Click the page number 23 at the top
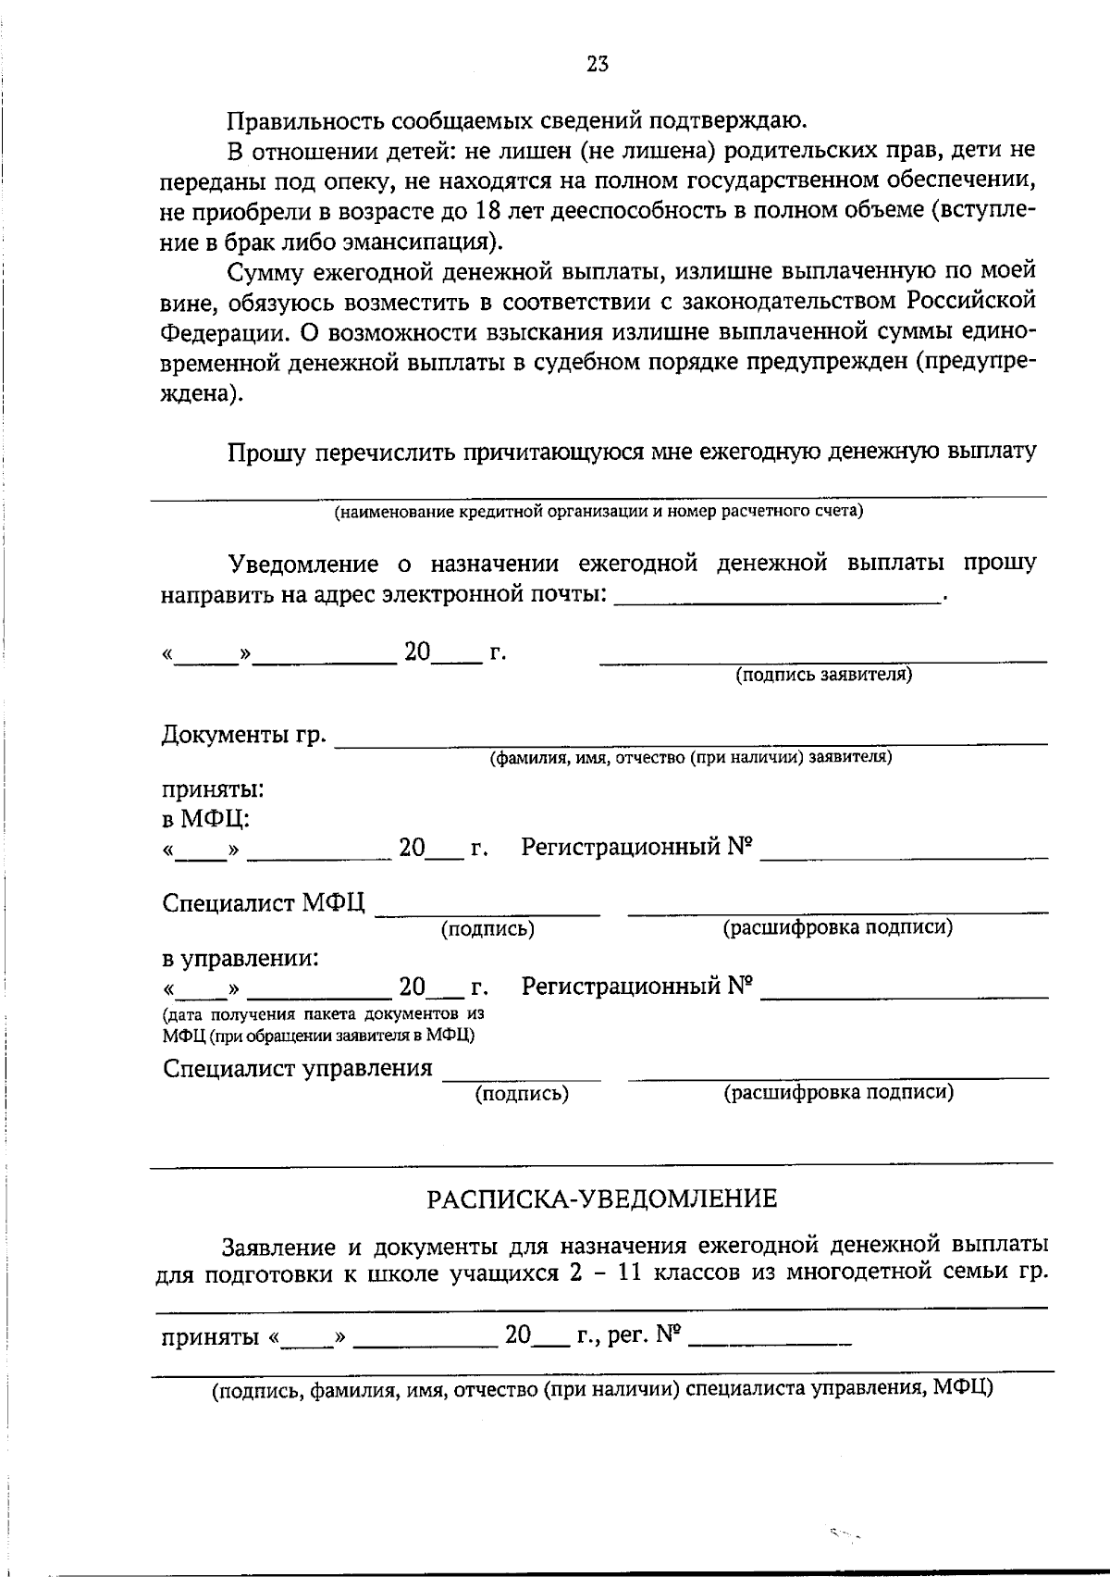(x=597, y=64)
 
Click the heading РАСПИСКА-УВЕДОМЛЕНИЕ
(x=601, y=1199)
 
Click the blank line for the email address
(x=777, y=600)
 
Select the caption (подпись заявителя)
(x=823, y=675)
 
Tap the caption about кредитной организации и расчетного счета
(x=598, y=511)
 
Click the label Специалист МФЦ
(x=264, y=903)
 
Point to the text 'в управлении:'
(x=240, y=958)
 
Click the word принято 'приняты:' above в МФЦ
(x=214, y=790)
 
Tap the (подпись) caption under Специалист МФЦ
(x=487, y=928)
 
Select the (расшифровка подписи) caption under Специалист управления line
(x=838, y=1092)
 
